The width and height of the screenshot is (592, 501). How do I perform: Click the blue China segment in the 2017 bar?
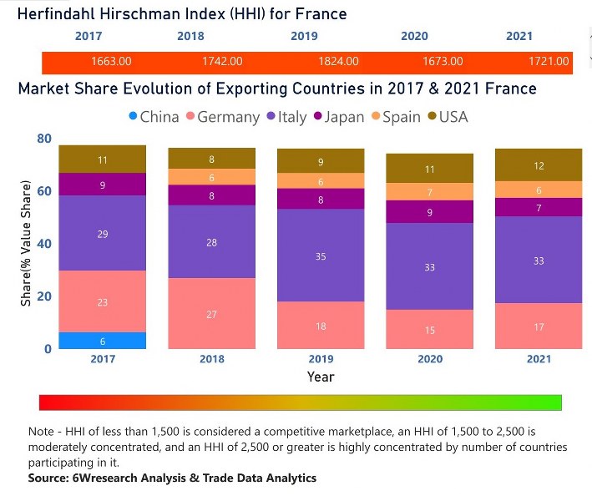(102, 340)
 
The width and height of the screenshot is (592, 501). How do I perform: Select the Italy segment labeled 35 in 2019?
(321, 256)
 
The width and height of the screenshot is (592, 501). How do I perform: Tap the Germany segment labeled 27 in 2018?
(211, 313)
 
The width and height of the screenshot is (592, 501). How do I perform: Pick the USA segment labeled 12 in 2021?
(539, 165)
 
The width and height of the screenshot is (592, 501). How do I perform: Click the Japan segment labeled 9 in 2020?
(429, 212)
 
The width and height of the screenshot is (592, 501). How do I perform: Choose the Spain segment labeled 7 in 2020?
(429, 192)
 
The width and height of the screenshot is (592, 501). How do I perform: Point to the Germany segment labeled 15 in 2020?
(429, 330)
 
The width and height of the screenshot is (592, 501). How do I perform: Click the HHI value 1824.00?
(339, 62)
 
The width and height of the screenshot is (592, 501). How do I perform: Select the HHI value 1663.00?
(111, 62)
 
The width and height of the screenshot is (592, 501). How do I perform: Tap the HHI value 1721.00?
(549, 62)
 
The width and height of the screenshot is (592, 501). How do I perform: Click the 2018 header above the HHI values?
(190, 36)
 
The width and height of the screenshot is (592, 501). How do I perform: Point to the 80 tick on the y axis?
(43, 139)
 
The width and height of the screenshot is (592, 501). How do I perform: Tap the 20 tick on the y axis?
(43, 296)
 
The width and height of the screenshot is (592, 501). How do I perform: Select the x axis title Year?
(321, 377)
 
